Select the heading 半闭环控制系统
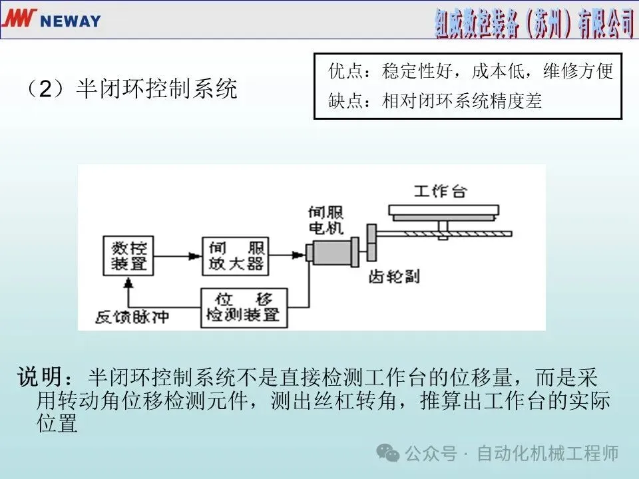click(x=156, y=89)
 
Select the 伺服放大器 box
click(x=235, y=257)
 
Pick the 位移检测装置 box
click(x=245, y=307)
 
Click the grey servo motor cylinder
click(x=333, y=255)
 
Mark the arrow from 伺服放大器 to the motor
click(x=287, y=254)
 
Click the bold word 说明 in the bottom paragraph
click(x=43, y=378)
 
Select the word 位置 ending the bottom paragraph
click(x=57, y=423)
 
